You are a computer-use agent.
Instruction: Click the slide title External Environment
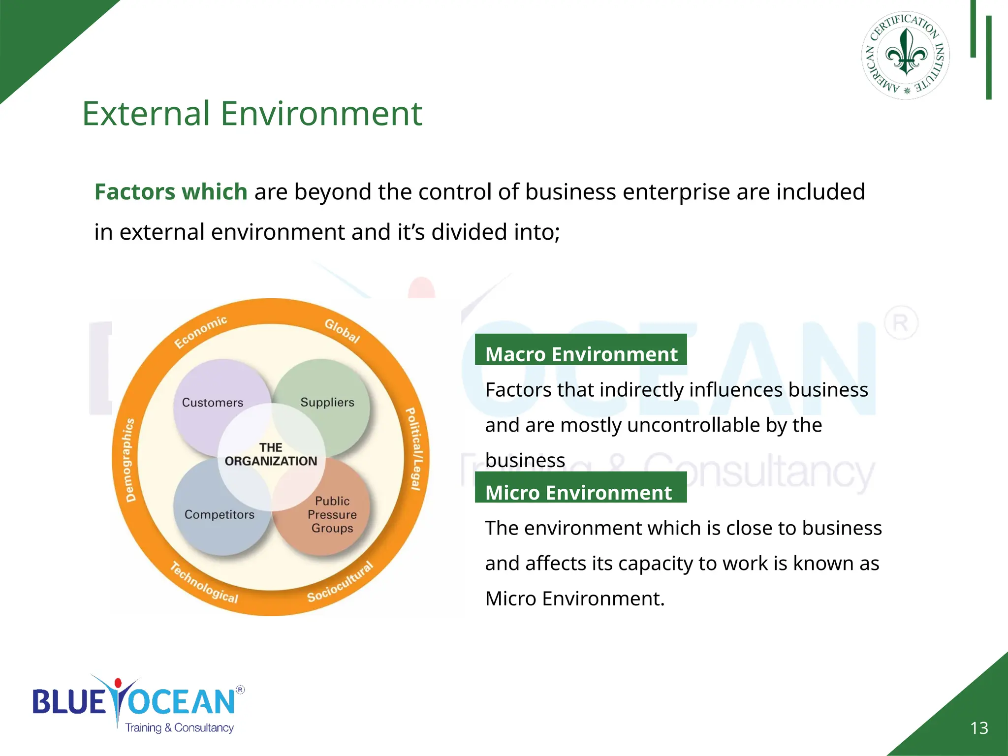tap(252, 114)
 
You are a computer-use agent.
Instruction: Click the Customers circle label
tap(212, 403)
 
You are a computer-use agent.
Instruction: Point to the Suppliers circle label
tap(327, 402)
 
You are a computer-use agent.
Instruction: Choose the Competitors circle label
tap(220, 514)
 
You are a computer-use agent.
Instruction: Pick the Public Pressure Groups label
tap(332, 514)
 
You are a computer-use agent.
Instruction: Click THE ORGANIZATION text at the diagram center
tap(271, 455)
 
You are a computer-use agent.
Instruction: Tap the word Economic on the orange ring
tap(200, 332)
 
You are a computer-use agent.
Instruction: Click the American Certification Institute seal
tap(906, 55)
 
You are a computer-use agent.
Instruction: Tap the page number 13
tap(979, 728)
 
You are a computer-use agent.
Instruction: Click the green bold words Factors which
tap(170, 191)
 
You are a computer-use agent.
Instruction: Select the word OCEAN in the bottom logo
tap(182, 702)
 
